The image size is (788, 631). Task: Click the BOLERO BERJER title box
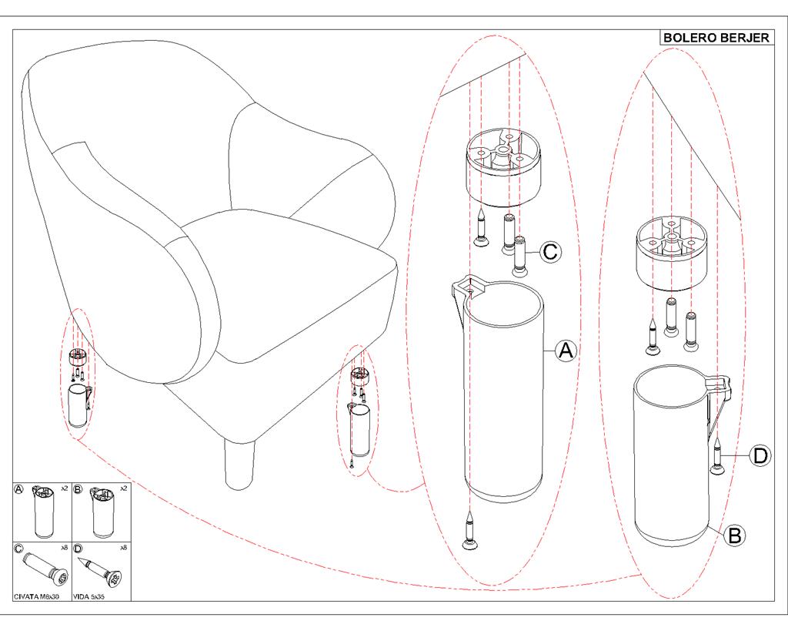point(716,38)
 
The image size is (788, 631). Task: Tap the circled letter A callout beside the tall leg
point(566,351)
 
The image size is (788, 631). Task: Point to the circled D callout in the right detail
point(760,455)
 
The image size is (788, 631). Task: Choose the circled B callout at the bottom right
point(735,535)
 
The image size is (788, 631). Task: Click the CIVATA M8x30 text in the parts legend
point(37,596)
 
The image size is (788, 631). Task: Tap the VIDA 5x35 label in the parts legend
point(89,596)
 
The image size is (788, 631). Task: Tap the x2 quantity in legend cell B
point(123,488)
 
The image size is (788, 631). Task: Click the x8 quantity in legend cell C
point(65,547)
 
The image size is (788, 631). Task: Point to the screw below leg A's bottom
point(469,533)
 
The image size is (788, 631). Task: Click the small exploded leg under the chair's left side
point(78,405)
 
